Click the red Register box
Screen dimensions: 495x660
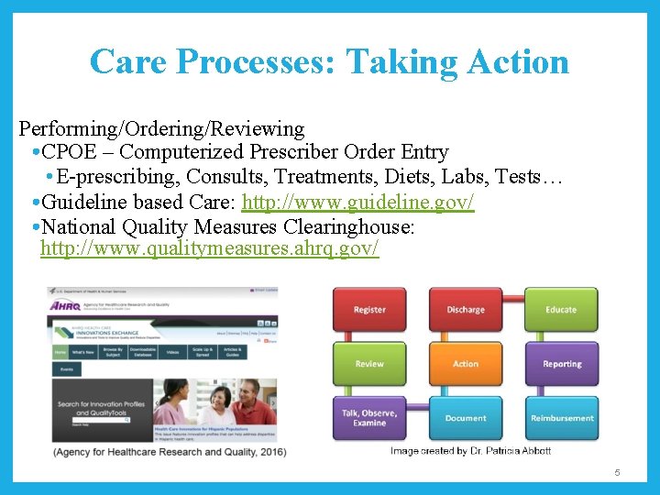[x=369, y=310]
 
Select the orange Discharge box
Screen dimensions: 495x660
[x=466, y=310]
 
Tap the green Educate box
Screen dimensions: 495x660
[x=561, y=310]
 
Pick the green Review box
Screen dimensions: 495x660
[x=369, y=364]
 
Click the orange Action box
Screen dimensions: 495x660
[x=466, y=364]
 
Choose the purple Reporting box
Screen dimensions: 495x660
[x=561, y=364]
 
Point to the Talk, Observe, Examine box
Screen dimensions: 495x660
[x=369, y=418]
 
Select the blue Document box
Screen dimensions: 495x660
[x=466, y=418]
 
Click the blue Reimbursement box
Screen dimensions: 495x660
[x=561, y=418]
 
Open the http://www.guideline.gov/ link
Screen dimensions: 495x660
[x=357, y=202]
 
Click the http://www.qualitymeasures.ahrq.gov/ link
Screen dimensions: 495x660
[x=209, y=249]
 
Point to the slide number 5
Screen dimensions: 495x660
[x=617, y=472]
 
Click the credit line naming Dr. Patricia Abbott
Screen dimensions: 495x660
[x=470, y=450]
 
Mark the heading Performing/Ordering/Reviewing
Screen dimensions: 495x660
[x=161, y=128]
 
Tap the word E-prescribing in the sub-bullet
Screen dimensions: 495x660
[x=111, y=177]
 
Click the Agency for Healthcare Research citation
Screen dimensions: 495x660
[x=170, y=451]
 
